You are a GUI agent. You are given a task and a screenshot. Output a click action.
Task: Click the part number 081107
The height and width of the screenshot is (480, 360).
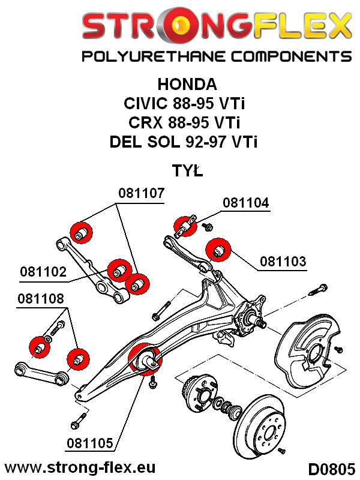tap(141, 194)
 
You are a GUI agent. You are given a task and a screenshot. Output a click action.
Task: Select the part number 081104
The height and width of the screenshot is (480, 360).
tap(246, 203)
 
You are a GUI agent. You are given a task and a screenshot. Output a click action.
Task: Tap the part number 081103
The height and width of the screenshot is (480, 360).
tap(283, 262)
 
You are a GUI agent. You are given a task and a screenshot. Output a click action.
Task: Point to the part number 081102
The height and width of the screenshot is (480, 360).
tap(44, 271)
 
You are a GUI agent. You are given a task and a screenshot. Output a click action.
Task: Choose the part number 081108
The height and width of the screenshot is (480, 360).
tap(41, 299)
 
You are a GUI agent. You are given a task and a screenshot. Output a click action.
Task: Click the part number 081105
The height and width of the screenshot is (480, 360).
tap(88, 444)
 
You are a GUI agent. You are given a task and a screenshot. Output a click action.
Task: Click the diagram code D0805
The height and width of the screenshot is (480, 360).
tap(328, 467)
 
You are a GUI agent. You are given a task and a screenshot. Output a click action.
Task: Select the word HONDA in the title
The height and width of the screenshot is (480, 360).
tap(187, 83)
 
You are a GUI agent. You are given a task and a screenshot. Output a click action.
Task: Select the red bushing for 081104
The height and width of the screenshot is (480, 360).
tap(182, 226)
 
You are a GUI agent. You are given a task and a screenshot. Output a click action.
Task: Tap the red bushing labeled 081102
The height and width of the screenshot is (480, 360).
tap(117, 271)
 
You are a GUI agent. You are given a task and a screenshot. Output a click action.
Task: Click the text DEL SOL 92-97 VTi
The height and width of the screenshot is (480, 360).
tap(188, 141)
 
